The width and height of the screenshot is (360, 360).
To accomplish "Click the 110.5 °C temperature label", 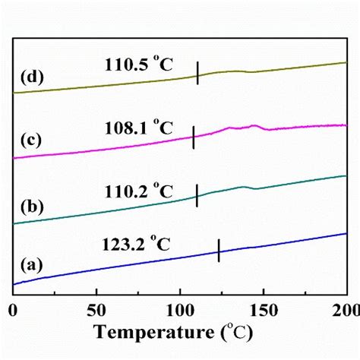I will click(x=139, y=65).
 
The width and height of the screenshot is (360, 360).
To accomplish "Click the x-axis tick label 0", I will click(x=13, y=310).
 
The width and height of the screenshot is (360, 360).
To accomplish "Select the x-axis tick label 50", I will click(x=96, y=310).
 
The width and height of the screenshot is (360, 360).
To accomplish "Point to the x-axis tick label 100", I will click(x=179, y=310).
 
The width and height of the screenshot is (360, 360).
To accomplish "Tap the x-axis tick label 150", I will click(x=263, y=310).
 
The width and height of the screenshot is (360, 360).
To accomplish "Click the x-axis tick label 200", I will click(x=345, y=310).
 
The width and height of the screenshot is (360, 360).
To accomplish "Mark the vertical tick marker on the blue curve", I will click(x=219, y=251).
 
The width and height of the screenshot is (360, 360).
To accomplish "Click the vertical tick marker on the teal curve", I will click(x=197, y=195).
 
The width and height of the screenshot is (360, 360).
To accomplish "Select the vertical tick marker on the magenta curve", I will click(x=194, y=137).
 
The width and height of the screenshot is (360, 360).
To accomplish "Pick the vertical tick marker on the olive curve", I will click(x=197, y=74).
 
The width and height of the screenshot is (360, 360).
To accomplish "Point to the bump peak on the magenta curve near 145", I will click(x=254, y=125).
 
